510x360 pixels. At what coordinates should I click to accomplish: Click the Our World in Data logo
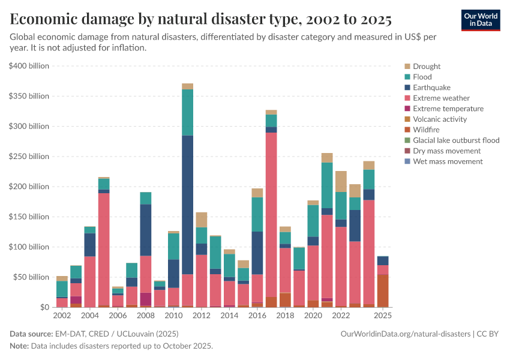(481, 20)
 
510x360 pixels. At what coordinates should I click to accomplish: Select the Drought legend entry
(427, 67)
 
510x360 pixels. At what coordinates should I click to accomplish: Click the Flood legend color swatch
(408, 77)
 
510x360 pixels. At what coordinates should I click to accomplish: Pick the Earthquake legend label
(433, 88)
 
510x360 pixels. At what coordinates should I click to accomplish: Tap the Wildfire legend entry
(426, 130)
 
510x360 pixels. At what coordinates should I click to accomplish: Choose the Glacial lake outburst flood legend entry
(456, 140)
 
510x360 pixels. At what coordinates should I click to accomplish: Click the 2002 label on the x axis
(62, 316)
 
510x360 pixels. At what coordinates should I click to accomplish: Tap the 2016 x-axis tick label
(257, 316)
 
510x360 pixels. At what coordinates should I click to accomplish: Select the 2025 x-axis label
(383, 316)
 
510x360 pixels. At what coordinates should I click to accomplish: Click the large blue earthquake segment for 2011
(188, 205)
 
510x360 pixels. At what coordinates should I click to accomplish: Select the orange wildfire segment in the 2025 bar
(383, 291)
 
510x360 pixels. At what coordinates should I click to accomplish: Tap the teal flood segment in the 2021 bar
(327, 185)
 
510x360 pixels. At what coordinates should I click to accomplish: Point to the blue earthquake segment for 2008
(146, 230)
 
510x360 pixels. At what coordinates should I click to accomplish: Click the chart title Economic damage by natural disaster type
(201, 19)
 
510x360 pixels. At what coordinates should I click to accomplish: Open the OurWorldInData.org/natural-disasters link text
(406, 334)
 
